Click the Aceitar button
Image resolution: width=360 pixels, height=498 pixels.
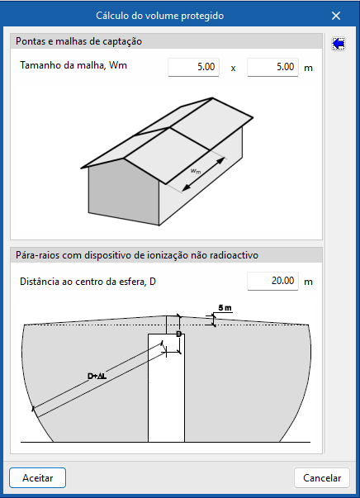[37, 477]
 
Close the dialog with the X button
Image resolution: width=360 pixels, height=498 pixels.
[336, 16]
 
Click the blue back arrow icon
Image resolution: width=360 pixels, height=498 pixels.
[339, 44]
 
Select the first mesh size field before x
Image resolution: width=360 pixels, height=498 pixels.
[193, 67]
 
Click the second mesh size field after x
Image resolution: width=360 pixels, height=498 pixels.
[272, 67]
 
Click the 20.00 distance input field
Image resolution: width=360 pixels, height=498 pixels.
[272, 281]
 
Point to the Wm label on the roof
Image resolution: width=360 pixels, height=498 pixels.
[196, 171]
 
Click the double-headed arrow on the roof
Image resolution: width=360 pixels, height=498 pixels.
[204, 174]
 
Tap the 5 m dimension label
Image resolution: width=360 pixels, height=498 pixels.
[225, 308]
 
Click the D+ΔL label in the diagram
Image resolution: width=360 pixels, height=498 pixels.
[97, 377]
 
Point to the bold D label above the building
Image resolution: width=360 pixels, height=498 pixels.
[178, 334]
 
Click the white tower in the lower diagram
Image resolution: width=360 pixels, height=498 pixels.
[166, 387]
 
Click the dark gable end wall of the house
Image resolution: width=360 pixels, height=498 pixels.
[124, 191]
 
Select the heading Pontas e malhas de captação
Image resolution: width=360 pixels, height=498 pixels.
[78, 41]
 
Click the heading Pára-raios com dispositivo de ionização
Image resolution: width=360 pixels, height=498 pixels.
[137, 255]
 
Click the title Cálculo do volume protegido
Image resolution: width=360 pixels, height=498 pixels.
[159, 16]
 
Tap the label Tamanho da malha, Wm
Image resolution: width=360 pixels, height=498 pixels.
[73, 65]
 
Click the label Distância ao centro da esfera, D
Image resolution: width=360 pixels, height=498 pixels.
[88, 282]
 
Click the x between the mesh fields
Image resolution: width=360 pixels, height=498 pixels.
[233, 68]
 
